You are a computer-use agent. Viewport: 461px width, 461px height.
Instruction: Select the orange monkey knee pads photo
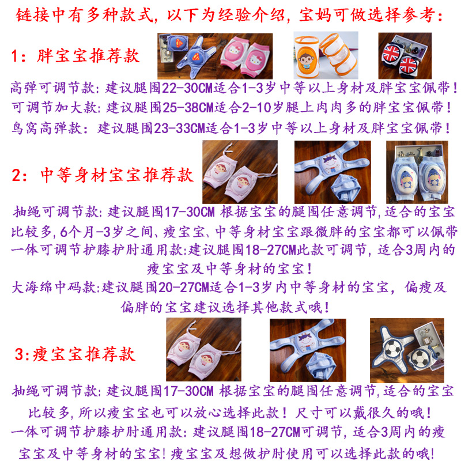(326, 55)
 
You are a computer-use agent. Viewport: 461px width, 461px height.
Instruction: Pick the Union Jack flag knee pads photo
(405, 55)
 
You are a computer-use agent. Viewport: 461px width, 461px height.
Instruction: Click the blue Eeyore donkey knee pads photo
(417, 172)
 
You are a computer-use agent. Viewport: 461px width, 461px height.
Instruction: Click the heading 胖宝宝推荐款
(88, 55)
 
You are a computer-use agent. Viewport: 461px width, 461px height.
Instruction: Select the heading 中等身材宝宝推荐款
(117, 175)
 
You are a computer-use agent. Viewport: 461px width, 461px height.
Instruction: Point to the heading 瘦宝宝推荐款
(84, 354)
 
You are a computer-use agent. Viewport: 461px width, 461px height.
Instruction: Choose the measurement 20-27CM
(184, 288)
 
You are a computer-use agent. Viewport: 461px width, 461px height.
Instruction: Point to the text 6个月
(77, 232)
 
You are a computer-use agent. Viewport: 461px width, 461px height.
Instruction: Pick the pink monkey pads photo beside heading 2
(240, 172)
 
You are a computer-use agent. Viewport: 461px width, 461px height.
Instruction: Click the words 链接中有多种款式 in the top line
(84, 15)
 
